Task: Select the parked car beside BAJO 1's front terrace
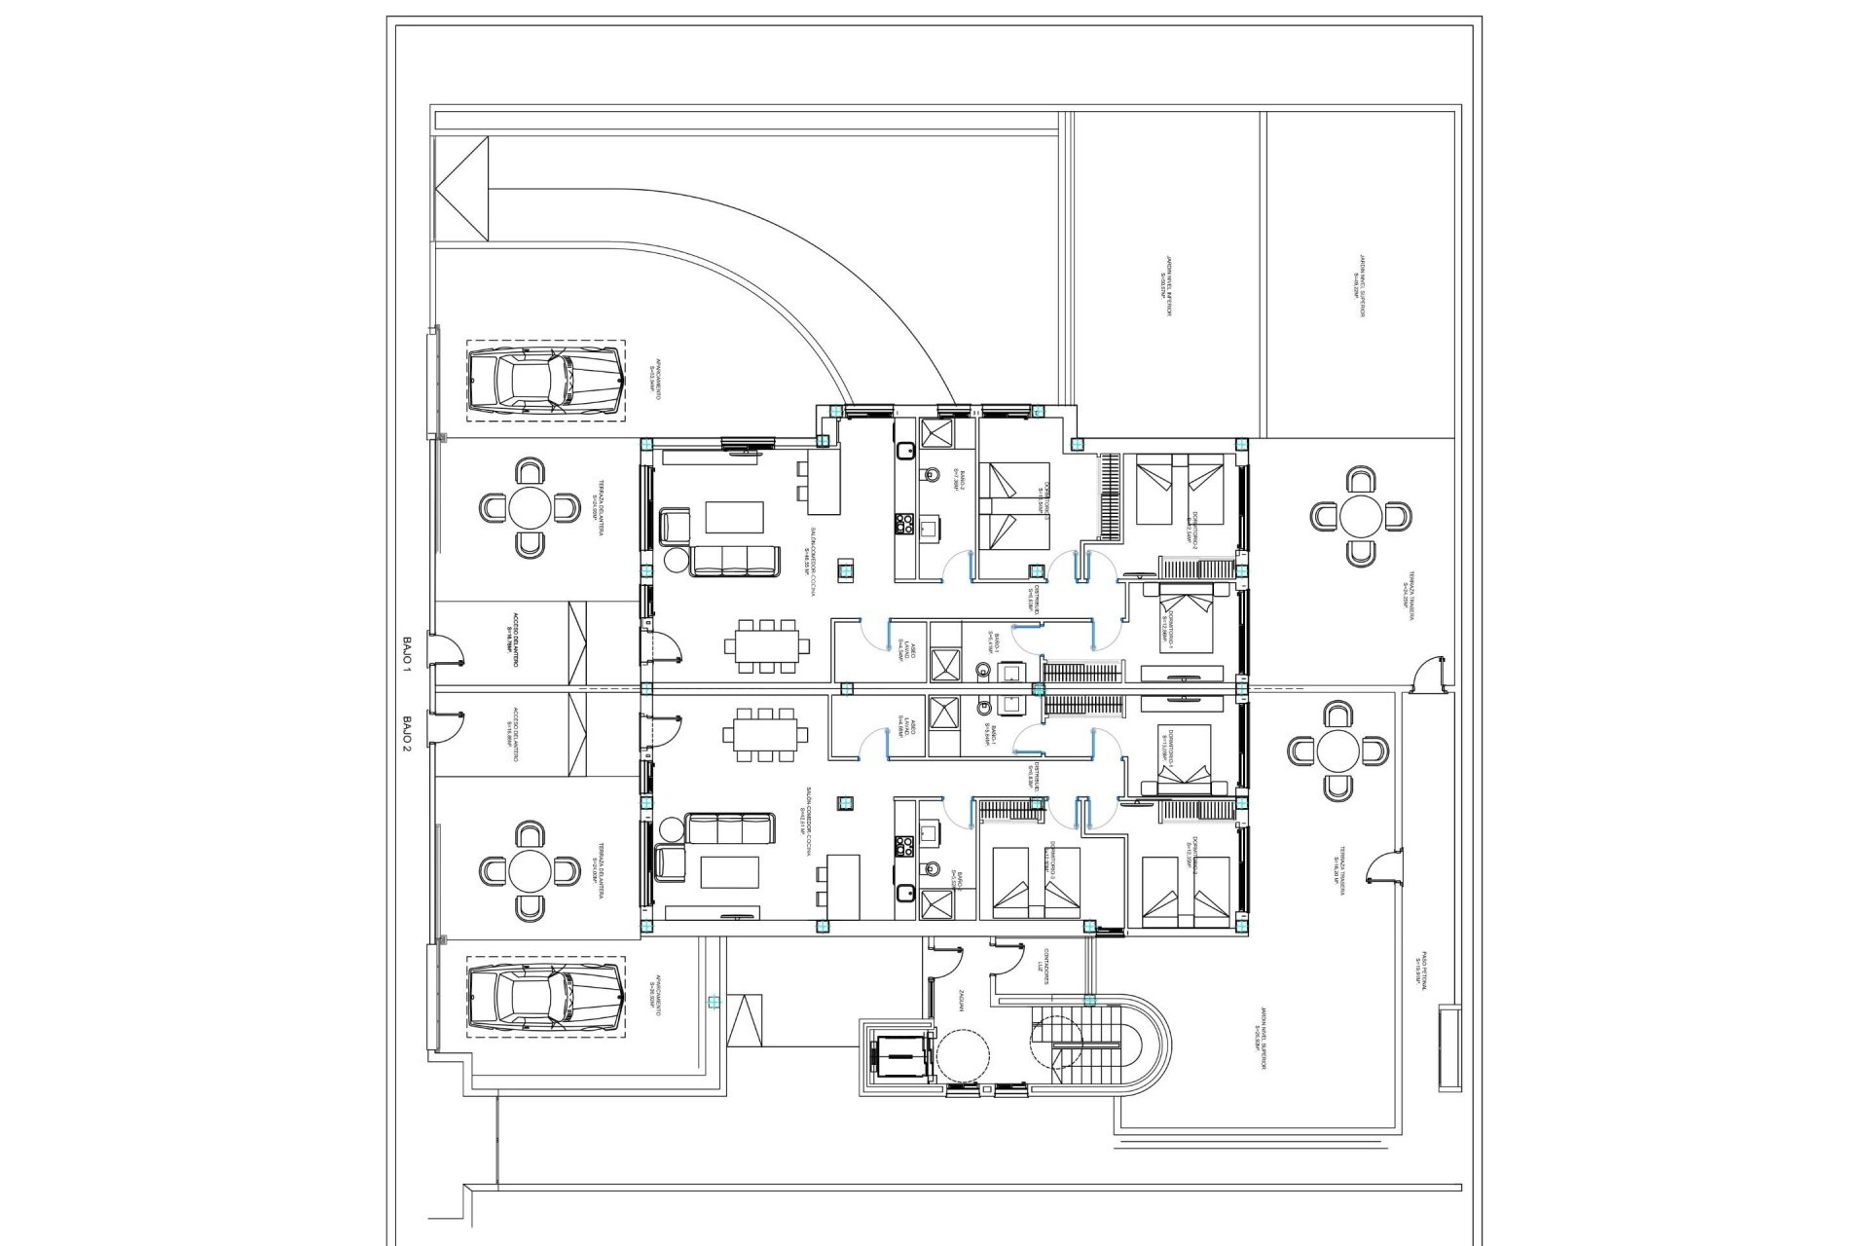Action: (544, 382)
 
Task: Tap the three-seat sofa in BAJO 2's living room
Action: (729, 828)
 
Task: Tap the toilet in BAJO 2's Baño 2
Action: (930, 869)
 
